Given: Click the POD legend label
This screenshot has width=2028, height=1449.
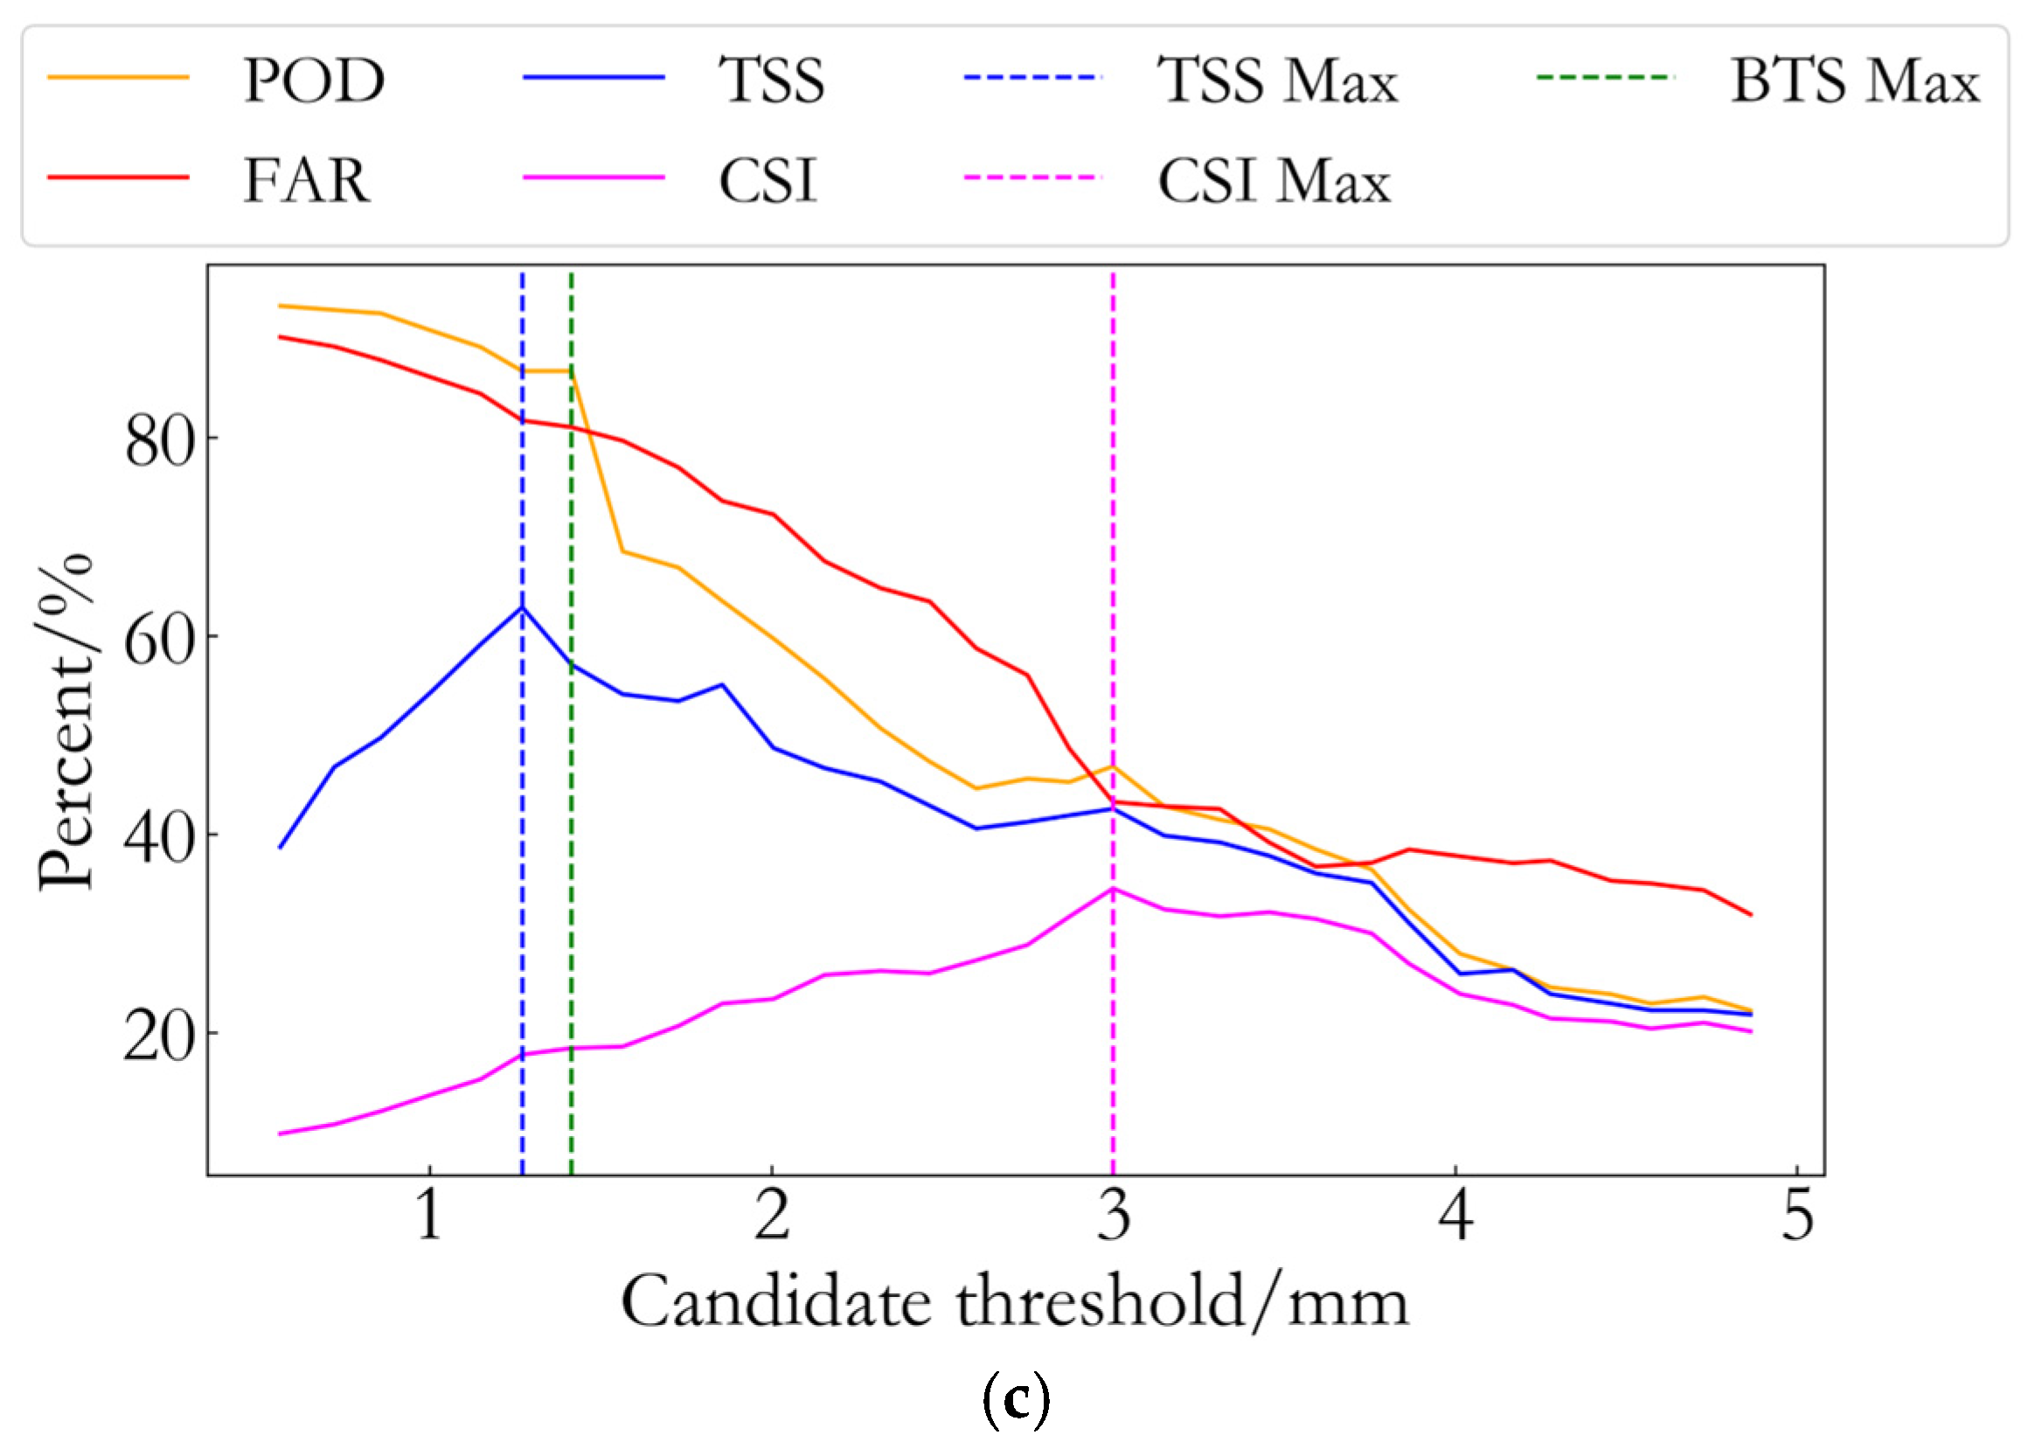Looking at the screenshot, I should pos(314,80).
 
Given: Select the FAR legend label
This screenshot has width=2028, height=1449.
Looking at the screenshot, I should pos(306,180).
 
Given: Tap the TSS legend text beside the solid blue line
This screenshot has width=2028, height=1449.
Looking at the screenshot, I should pos(772,80).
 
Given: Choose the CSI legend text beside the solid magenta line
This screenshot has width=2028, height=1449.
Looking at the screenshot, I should pos(768,180).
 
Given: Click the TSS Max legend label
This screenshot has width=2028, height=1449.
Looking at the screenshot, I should pos(1278,80).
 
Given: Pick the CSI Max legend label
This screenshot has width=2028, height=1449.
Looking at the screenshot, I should pos(1274,180).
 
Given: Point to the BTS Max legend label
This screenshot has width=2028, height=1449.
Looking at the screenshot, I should pos(1855,80).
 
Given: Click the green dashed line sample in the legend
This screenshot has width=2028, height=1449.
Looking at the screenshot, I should pos(1605,78).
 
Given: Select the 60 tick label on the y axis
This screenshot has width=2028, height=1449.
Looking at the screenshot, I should pos(159,640).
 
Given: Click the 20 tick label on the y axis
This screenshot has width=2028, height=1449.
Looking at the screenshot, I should pos(159,1037).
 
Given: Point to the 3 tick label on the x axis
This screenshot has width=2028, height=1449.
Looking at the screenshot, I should pos(1114,1216).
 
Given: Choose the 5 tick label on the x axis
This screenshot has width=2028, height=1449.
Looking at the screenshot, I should pos(1798,1216).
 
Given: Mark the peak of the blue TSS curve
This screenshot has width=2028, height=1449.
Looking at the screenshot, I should pos(523,607).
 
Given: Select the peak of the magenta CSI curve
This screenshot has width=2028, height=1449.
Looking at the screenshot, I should pos(1113,889).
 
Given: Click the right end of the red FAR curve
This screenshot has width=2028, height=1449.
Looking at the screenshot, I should pos(1752,914).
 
